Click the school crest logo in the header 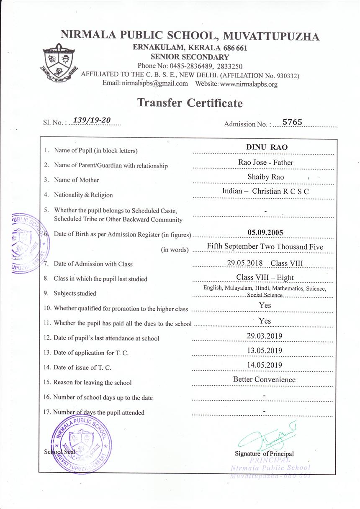(59, 63)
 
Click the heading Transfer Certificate (190, 102)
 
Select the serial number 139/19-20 (92, 120)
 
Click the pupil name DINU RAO (267, 147)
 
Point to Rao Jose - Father (263, 162)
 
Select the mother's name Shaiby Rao (265, 177)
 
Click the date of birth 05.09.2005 (265, 233)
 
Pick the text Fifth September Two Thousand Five (265, 247)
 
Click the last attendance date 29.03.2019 (265, 336)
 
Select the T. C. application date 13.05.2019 (265, 350)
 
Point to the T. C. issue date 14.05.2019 (265, 365)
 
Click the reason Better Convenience (264, 380)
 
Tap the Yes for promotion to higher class (265, 306)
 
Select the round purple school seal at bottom (82, 445)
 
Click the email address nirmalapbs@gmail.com (155, 84)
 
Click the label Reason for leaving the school (93, 383)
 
